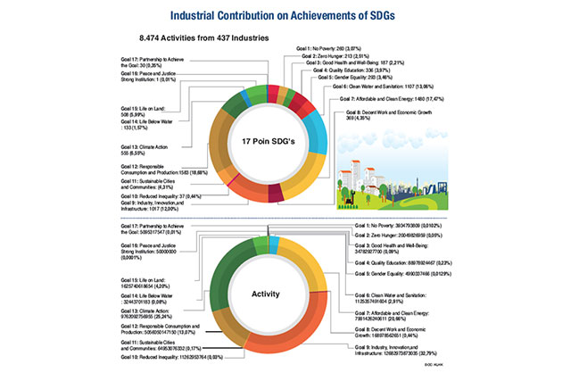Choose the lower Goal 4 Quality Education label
[407, 265]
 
